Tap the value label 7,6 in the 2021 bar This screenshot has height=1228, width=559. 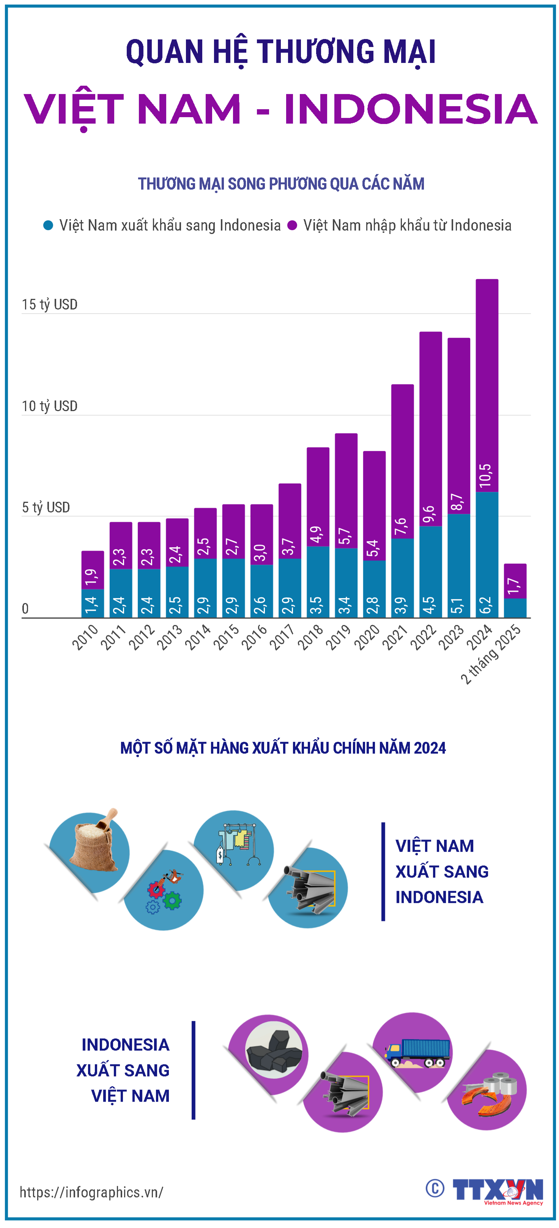click(x=401, y=526)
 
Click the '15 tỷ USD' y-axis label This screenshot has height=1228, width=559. click(x=50, y=305)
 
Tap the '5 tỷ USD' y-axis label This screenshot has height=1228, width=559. click(x=46, y=507)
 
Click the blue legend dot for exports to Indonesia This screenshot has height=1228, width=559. click(x=48, y=226)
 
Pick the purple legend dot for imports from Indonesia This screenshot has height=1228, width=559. click(x=292, y=226)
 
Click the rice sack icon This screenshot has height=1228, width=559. click(x=93, y=840)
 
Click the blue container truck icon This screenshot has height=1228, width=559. click(x=417, y=1053)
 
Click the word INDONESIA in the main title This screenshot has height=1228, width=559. click(x=411, y=109)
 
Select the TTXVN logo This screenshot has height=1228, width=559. click(x=498, y=1190)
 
